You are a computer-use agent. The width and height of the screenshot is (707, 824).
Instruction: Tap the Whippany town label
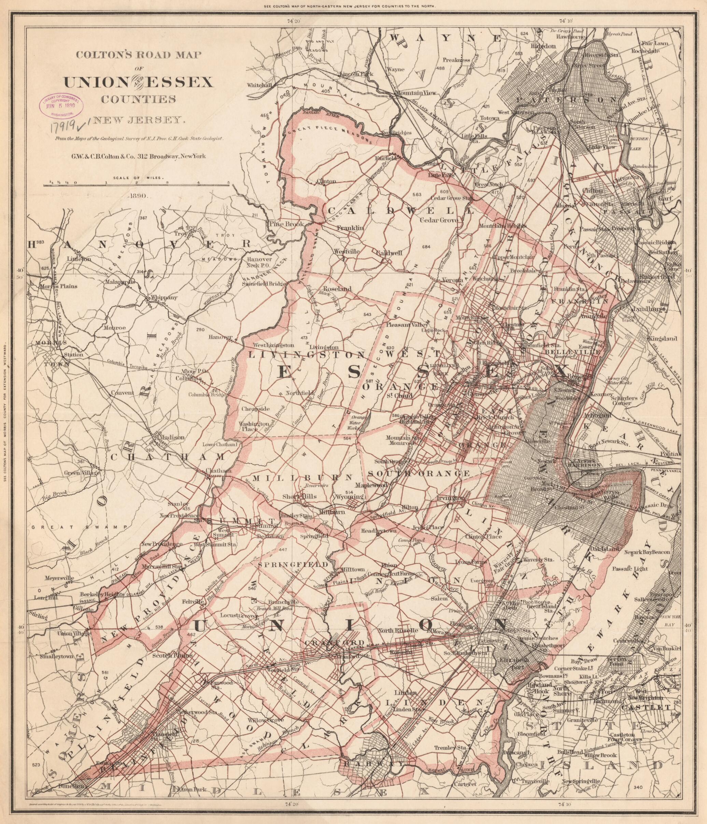(x=163, y=297)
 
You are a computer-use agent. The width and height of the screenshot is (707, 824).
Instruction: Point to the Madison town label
(x=172, y=437)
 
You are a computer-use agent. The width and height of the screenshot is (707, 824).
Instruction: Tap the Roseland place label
(x=338, y=289)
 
